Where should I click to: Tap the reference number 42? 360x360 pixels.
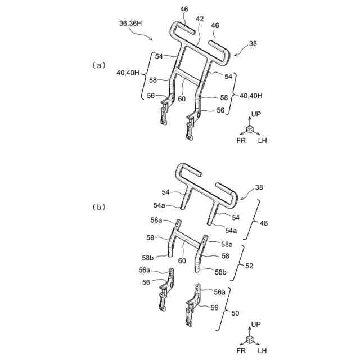click(199, 19)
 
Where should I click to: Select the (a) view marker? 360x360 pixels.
click(98, 65)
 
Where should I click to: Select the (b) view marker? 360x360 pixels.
click(98, 207)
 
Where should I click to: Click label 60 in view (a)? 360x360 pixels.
click(182, 98)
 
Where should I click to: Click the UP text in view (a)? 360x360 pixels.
click(256, 114)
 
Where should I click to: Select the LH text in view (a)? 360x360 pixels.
click(262, 140)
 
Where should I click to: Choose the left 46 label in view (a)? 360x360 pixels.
click(184, 10)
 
